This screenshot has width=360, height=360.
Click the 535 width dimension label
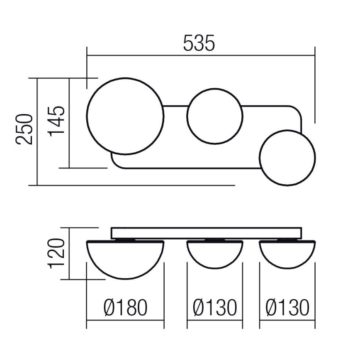[199, 43]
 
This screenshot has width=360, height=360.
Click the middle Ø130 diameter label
[214, 308]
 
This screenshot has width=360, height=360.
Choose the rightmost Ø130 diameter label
[287, 308]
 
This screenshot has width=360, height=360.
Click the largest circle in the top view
[125, 116]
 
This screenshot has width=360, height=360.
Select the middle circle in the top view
[214, 116]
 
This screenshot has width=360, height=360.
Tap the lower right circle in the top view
[287, 158]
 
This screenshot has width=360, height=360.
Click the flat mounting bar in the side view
[206, 233]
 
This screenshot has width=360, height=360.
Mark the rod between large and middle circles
[175, 106]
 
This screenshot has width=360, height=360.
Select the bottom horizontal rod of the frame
[187, 168]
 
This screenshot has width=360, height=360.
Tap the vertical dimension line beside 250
[37, 131]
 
